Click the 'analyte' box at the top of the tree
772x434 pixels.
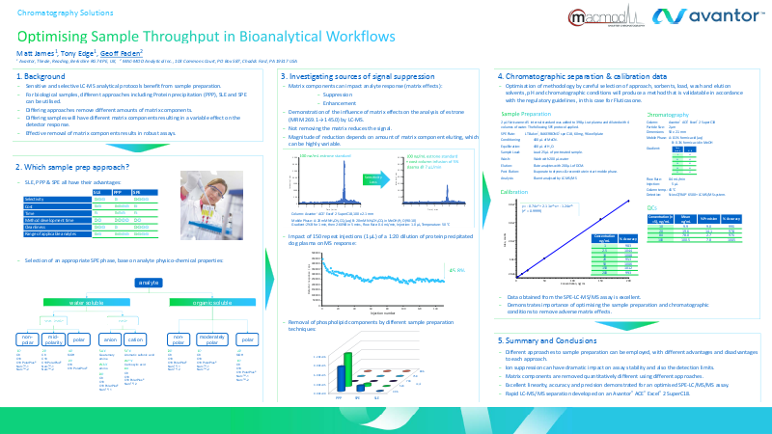[x=148, y=282]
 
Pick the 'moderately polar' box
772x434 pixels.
[x=212, y=340]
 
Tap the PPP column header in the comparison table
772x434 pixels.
[x=122, y=192]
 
